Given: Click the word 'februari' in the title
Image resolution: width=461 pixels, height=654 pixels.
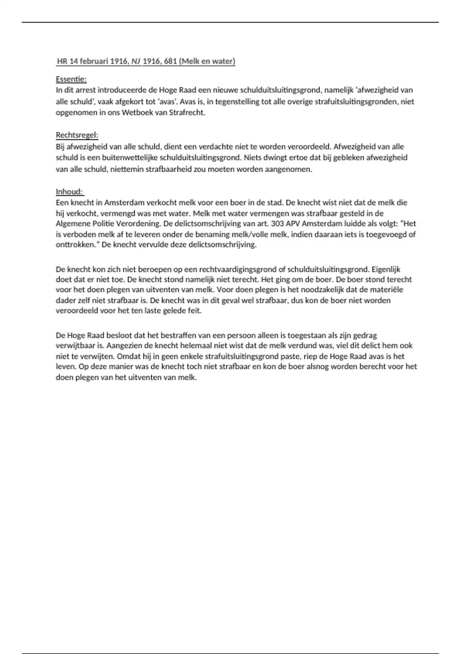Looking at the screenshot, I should tap(94, 61).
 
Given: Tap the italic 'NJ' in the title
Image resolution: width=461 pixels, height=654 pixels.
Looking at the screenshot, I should tap(136, 61).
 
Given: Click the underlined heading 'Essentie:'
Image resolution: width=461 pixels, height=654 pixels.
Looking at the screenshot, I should tap(71, 79).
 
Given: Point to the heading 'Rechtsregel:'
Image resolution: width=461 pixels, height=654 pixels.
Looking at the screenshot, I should tap(77, 135).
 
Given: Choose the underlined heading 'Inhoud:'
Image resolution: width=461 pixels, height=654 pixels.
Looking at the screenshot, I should tap(70, 192).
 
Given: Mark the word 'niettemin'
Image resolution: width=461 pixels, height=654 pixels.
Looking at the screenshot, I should tap(127, 169).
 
